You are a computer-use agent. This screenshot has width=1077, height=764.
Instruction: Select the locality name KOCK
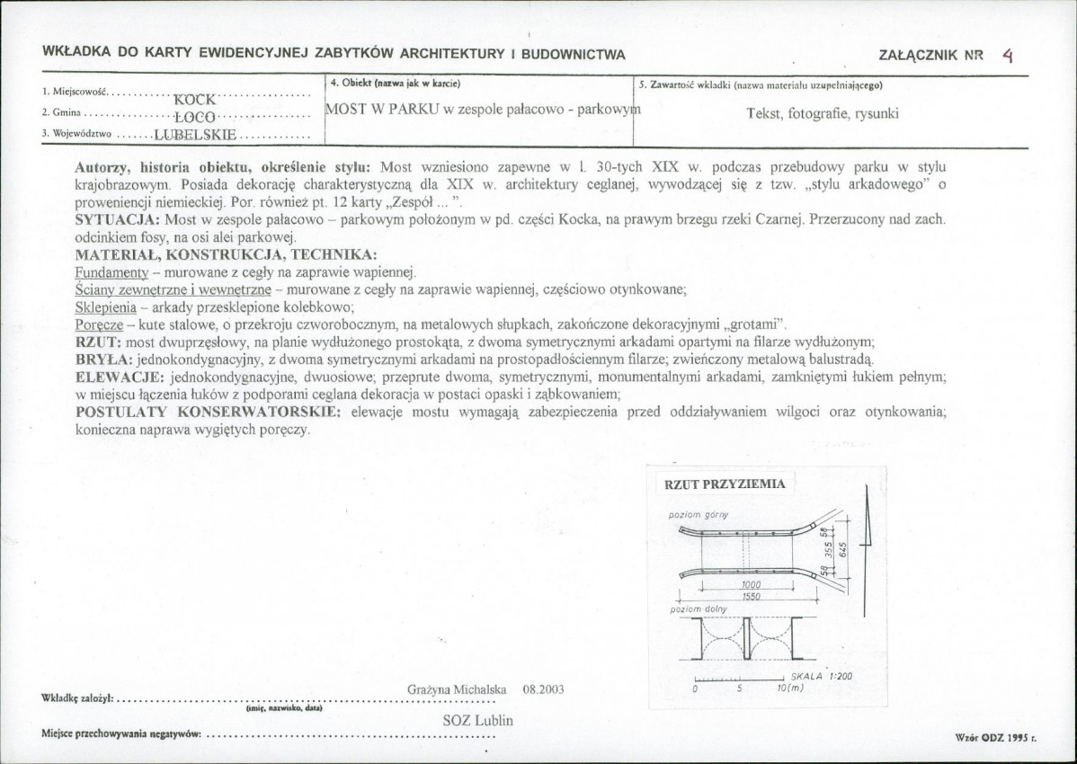tap(194, 100)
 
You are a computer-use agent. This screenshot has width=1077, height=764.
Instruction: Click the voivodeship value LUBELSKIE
tap(195, 135)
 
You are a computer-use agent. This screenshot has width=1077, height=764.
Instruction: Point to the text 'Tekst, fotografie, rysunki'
tap(823, 114)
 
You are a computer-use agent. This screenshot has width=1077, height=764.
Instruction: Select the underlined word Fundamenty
tap(111, 271)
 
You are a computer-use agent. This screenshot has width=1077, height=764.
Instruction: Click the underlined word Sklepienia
tap(105, 306)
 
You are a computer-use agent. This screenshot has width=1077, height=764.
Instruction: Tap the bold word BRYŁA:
tap(105, 359)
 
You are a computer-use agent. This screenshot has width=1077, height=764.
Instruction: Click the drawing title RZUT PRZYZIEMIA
tap(725, 484)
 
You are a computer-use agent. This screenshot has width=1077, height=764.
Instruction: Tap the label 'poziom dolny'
tap(698, 609)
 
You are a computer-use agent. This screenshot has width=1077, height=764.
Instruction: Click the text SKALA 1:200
tap(822, 676)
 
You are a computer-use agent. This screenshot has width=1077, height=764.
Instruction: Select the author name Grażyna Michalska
tap(457, 689)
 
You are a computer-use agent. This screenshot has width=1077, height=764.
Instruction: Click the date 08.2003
tap(543, 689)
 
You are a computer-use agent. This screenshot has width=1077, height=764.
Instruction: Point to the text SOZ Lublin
tap(478, 721)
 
